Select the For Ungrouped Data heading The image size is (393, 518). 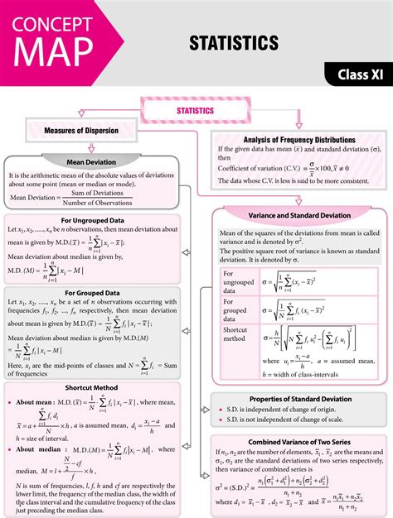(95, 220)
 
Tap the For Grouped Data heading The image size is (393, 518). (92, 292)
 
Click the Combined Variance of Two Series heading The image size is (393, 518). (299, 440)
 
